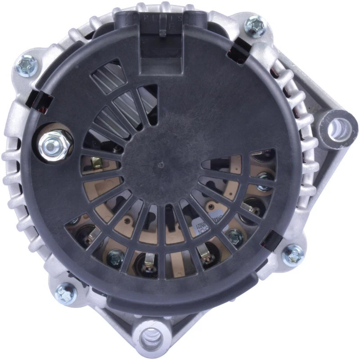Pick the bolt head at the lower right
tap(293, 255)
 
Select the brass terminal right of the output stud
tap(96, 161)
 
